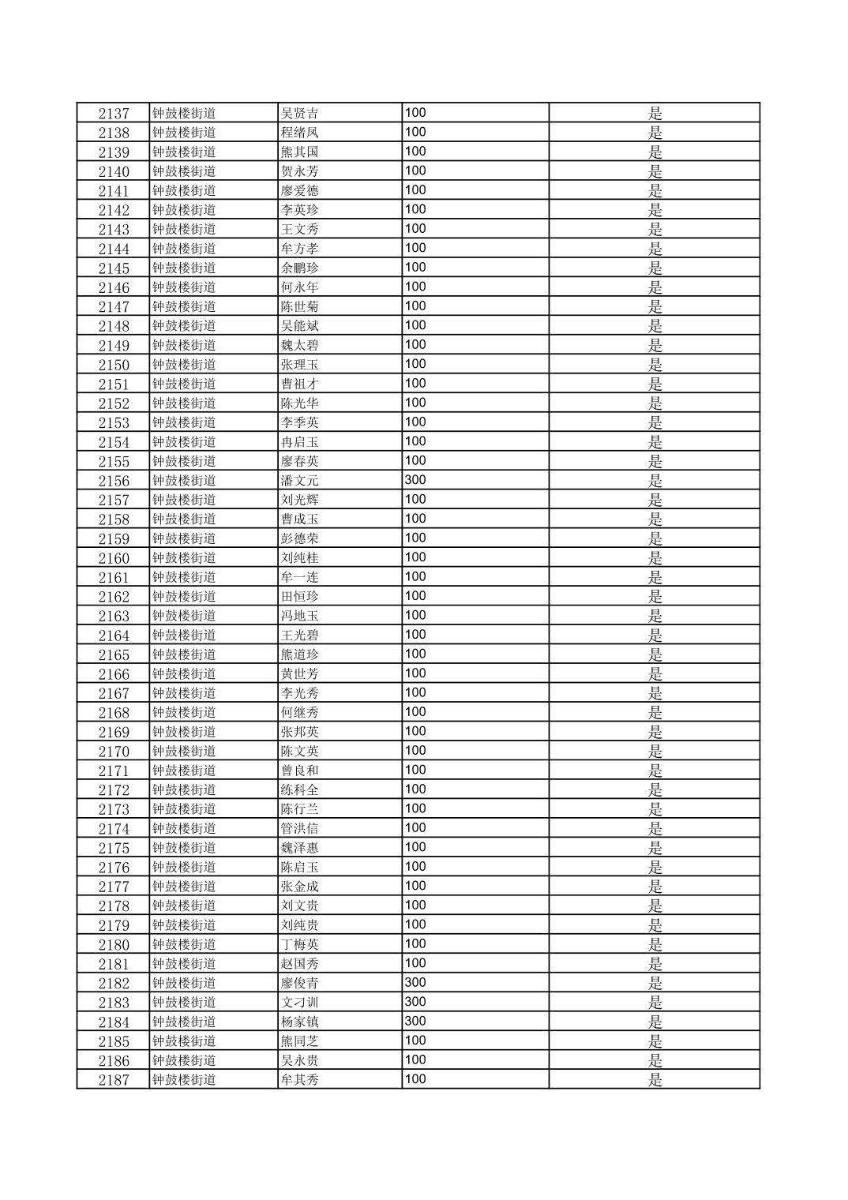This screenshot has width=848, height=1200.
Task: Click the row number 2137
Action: tap(114, 114)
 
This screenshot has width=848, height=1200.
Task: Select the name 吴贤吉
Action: tap(299, 114)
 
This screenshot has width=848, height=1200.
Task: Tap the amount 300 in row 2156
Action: tap(415, 480)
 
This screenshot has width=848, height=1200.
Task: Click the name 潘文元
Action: tap(299, 481)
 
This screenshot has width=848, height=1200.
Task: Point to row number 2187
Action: tap(114, 1080)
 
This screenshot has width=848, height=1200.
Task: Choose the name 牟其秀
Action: tap(299, 1080)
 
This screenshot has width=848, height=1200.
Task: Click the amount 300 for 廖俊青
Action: tap(415, 982)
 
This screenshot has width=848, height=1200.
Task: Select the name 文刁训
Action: tap(299, 1003)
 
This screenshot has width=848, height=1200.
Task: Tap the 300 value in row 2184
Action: tap(415, 1021)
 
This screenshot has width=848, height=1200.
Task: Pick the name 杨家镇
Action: tap(299, 1022)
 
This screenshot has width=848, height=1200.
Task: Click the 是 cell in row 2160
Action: tap(655, 558)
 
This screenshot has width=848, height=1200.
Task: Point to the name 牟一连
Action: tap(299, 577)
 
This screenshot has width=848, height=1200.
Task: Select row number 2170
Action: tap(114, 752)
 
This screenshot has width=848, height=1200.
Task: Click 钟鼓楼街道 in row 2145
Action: tap(184, 268)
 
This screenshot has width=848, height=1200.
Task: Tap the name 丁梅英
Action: tap(299, 944)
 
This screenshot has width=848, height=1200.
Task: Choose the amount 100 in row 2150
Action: tap(415, 364)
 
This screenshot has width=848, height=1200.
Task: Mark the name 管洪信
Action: tap(299, 828)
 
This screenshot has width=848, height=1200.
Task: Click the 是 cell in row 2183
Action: tap(655, 1003)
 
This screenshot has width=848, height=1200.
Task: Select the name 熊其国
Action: tap(299, 152)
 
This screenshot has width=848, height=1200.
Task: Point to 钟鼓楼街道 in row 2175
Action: tap(184, 848)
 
